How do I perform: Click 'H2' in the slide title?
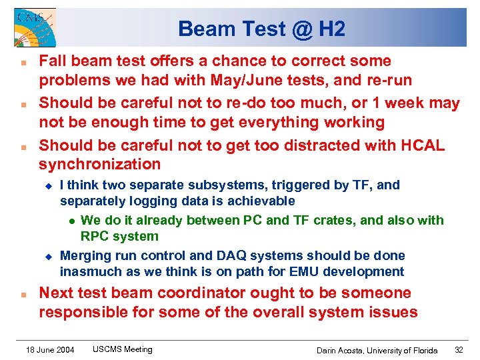[x=331, y=29]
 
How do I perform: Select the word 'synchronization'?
[x=99, y=164]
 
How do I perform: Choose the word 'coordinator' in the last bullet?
[x=215, y=293]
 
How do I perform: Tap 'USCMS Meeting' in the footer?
[x=122, y=349]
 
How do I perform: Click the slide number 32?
[x=459, y=350]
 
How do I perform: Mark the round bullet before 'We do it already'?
[x=70, y=221]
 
